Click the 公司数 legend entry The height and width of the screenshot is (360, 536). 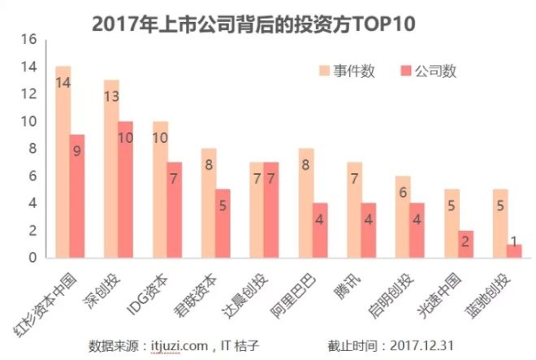[435, 71]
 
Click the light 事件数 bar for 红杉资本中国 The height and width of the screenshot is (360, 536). [63, 163]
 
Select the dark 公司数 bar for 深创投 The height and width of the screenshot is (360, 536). [126, 190]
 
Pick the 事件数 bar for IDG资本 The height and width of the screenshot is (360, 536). [161, 190]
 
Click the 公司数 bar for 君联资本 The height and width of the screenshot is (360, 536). [223, 224]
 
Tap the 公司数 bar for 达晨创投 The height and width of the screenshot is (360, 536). [271, 210]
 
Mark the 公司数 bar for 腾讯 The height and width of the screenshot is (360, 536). [369, 231]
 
